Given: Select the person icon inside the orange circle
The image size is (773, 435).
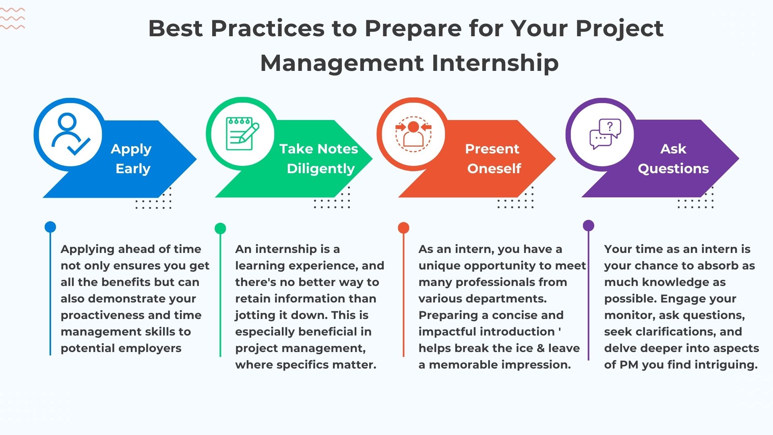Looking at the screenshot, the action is coord(413,134).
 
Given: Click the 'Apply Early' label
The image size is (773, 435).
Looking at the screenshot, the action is coord(132,159).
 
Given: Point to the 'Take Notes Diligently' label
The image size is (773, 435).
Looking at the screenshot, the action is coord(319,159).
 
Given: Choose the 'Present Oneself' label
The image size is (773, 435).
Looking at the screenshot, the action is coord(493,159).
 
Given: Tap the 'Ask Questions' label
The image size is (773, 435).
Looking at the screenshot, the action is coord(673,159).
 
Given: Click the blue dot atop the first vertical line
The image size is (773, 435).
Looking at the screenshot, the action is coord(50,227).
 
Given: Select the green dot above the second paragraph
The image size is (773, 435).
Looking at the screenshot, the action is coord(220,228).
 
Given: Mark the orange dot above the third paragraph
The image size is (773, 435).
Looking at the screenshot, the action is coord(403,228).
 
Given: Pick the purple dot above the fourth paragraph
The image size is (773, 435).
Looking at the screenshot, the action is coord(589,225).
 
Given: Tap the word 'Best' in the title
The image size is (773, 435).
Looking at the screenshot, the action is coord(176,28).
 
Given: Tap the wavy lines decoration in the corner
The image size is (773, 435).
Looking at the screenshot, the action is coord(12,18).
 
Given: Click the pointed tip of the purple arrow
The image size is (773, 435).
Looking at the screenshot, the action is coord(739,159).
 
